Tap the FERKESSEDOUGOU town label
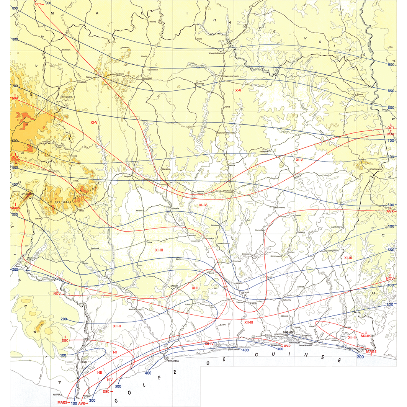point(231,77)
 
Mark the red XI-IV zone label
point(203,206)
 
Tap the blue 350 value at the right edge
point(390,250)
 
